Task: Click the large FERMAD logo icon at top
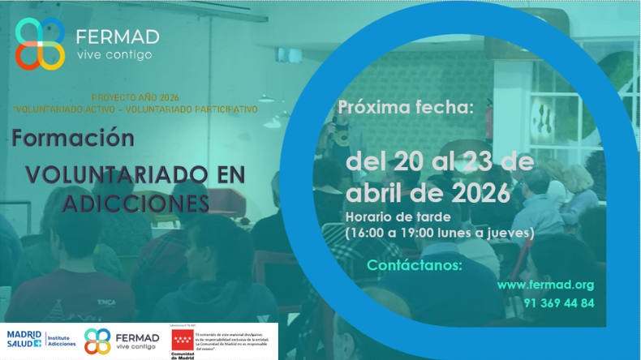click(40, 44)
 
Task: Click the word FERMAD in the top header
click(117, 37)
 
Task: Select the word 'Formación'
click(72, 138)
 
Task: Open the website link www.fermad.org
click(545, 285)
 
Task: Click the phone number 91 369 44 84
click(558, 303)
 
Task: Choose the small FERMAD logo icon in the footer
click(97, 341)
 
